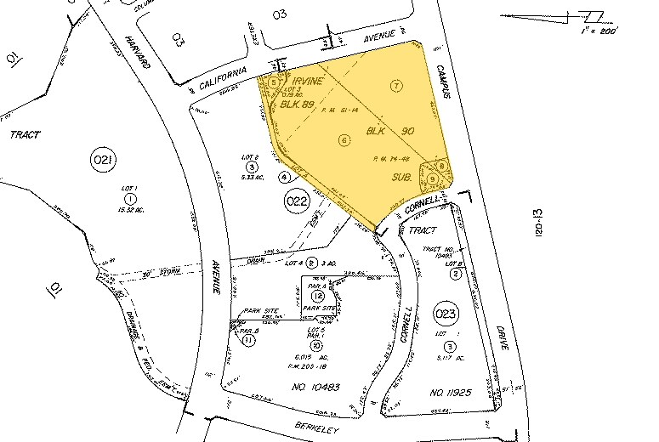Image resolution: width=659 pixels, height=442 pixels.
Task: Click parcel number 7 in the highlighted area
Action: click(x=395, y=85)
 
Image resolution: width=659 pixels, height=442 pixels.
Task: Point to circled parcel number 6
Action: click(x=344, y=140)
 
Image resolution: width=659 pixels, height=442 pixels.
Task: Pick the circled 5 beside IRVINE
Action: click(x=274, y=82)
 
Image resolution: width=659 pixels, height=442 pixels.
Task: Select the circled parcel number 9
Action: click(x=433, y=178)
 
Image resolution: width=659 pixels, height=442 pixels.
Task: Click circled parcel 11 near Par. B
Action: click(x=248, y=340)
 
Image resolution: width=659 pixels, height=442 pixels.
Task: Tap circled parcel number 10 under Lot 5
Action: click(x=315, y=345)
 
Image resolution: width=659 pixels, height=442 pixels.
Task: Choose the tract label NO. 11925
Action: click(x=452, y=393)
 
